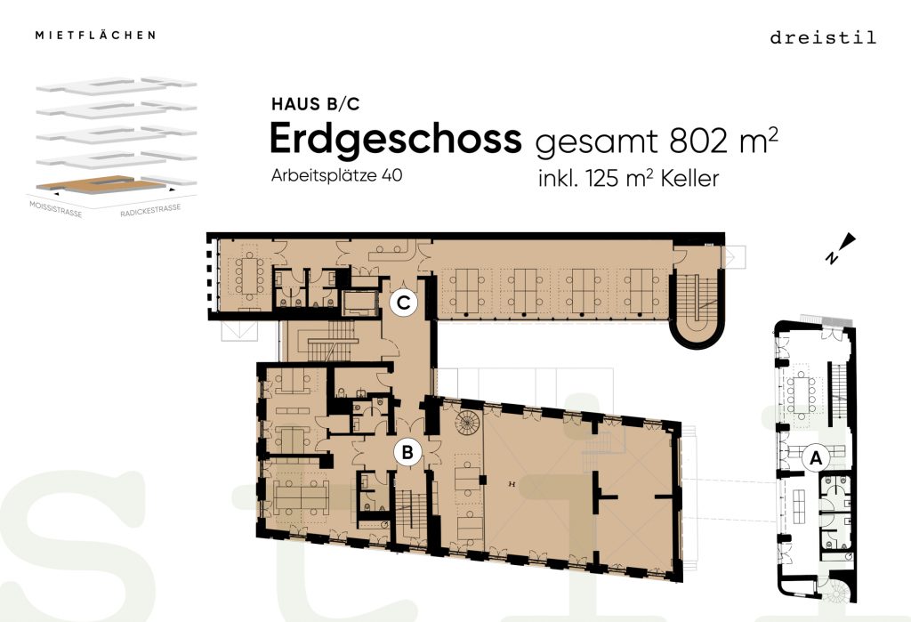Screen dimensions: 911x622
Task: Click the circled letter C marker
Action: (x=404, y=303)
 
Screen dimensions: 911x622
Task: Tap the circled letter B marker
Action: (x=407, y=452)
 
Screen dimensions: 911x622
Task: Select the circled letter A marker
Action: (x=817, y=458)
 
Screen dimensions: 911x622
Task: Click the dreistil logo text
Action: (x=823, y=37)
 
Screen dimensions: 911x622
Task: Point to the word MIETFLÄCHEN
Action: (x=95, y=35)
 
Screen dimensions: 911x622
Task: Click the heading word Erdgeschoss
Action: (x=396, y=140)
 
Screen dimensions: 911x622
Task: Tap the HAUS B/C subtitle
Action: (x=316, y=104)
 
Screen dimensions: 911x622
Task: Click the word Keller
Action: (x=689, y=179)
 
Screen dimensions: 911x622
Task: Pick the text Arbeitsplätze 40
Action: (x=336, y=175)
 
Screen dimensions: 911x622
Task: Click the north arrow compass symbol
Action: (x=841, y=248)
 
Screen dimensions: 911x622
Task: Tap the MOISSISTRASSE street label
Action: (x=56, y=209)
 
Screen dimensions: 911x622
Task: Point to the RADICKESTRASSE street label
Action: (x=150, y=210)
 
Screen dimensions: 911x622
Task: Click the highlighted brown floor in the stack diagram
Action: (x=101, y=184)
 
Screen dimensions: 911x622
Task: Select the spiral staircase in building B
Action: (x=468, y=423)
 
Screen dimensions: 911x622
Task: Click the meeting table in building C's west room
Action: (x=250, y=275)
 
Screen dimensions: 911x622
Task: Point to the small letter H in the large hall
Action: (x=512, y=484)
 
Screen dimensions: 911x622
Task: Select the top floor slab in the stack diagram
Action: (x=117, y=85)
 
